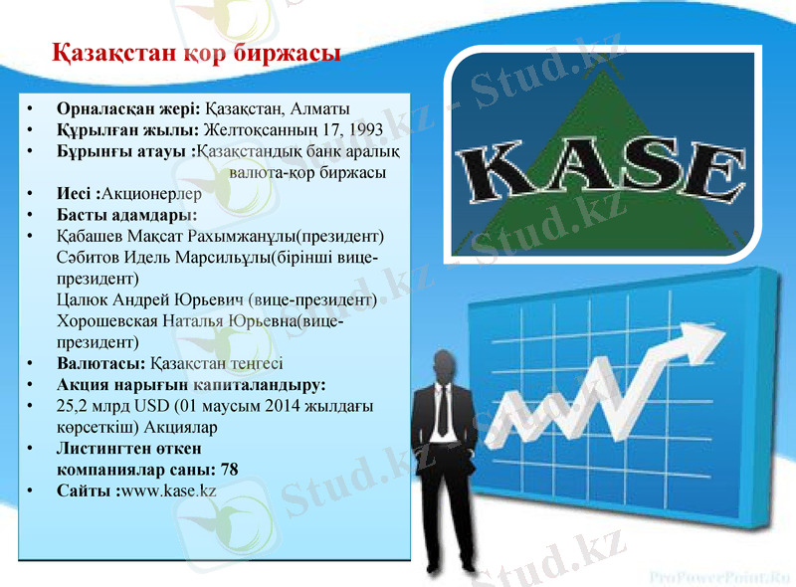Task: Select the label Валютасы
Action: (x=99, y=363)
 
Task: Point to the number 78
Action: (x=229, y=470)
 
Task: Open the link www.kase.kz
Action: (x=167, y=490)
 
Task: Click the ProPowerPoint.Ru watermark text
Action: (x=718, y=575)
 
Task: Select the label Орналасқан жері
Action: (x=128, y=107)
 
